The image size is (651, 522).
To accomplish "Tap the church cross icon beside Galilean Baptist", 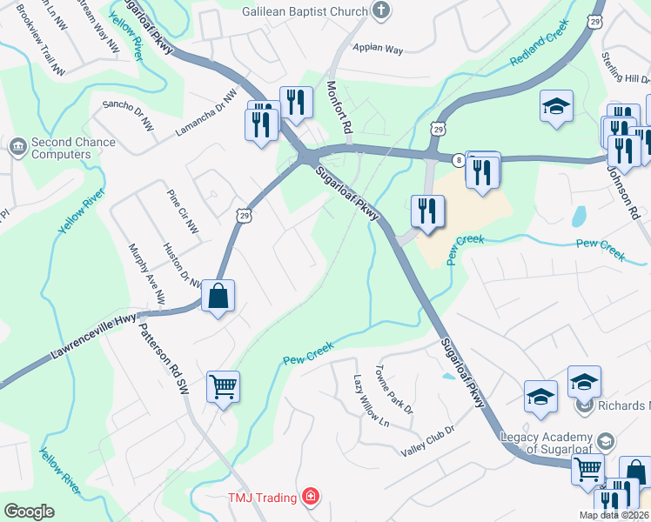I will pos(380,10).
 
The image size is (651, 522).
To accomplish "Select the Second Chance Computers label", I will pos(61,148).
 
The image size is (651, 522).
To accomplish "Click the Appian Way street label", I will pos(378,50).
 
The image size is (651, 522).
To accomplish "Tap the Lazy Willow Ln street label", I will pos(372,401).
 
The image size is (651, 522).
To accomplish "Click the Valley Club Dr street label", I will pos(427,441).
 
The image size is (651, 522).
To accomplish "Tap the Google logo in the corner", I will pos(30,511).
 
